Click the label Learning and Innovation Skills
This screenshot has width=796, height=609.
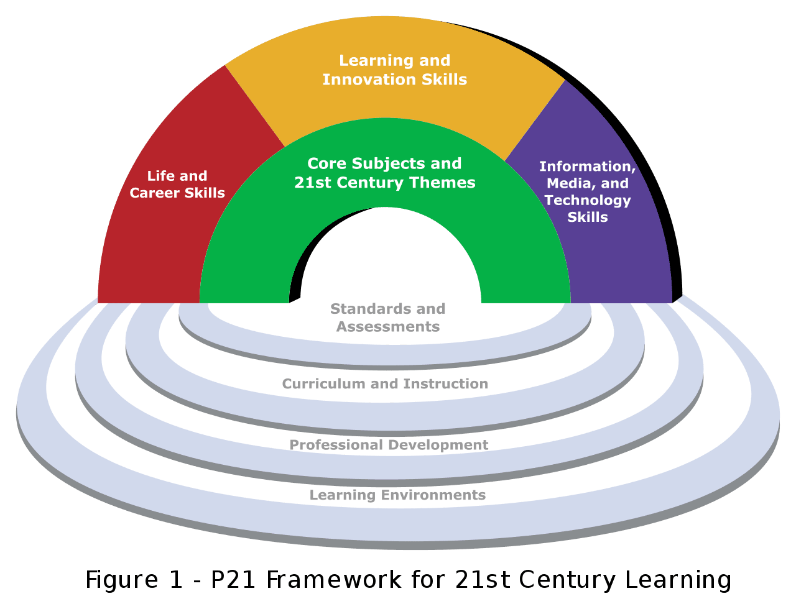coord(394,70)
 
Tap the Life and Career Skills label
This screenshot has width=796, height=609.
coord(177,184)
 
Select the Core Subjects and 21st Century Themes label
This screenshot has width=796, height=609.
coord(384,173)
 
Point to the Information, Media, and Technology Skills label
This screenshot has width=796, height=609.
coord(588,191)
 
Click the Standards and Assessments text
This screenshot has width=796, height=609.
coord(388,318)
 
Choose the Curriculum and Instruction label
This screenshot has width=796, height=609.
coord(385,383)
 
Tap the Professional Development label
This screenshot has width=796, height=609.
coord(389,445)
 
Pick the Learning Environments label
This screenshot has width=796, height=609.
coord(397,495)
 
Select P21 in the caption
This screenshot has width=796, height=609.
coord(233,580)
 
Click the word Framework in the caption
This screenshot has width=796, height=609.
coord(333,580)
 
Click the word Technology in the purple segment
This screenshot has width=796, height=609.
coord(588,201)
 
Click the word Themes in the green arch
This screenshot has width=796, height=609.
coord(443,182)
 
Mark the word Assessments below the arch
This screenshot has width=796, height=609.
coord(388,326)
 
